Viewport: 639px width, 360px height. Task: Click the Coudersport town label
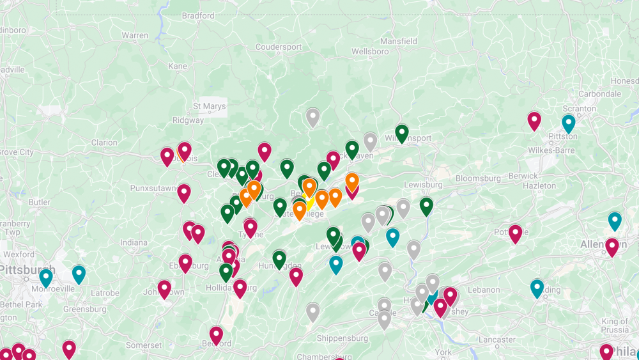point(278,47)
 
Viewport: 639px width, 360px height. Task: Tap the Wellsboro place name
point(370,51)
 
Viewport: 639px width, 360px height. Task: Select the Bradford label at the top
point(198,15)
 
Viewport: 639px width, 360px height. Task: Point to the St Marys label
point(210,106)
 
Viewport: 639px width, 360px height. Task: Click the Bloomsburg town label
point(479,178)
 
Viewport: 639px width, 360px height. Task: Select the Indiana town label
point(134,243)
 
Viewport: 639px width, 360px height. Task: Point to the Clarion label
point(104,143)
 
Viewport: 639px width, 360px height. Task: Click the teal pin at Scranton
point(568,123)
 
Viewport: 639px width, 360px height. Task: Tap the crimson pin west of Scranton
point(534,120)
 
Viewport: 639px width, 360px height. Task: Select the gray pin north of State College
point(312,117)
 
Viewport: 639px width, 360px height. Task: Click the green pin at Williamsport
point(401,133)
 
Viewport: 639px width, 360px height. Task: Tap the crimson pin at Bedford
point(217,334)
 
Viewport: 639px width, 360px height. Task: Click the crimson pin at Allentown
point(612,246)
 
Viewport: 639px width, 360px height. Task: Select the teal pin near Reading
point(537,288)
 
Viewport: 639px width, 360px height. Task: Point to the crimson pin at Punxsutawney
point(184,192)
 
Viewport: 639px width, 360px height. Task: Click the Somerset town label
point(144,345)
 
